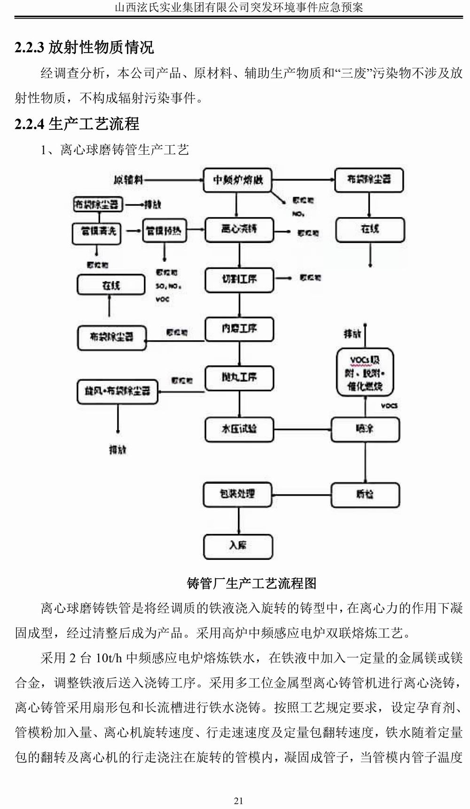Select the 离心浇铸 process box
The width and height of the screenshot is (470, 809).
coord(239,230)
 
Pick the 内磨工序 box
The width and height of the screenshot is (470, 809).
coord(239,329)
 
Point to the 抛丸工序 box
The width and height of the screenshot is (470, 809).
coord(239,378)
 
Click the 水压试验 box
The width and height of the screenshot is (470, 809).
coord(239,429)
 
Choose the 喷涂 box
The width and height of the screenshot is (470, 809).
coord(365,429)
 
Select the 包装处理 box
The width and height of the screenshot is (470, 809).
coord(238,494)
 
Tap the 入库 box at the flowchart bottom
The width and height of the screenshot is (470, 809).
coord(238,546)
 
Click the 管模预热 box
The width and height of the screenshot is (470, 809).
coord(164,231)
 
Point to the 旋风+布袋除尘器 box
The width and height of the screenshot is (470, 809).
coord(117,391)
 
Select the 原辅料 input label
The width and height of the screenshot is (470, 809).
coord(128,180)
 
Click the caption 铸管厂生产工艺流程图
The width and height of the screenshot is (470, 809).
coord(252,583)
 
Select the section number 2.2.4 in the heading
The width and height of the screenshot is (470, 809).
coord(29,124)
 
